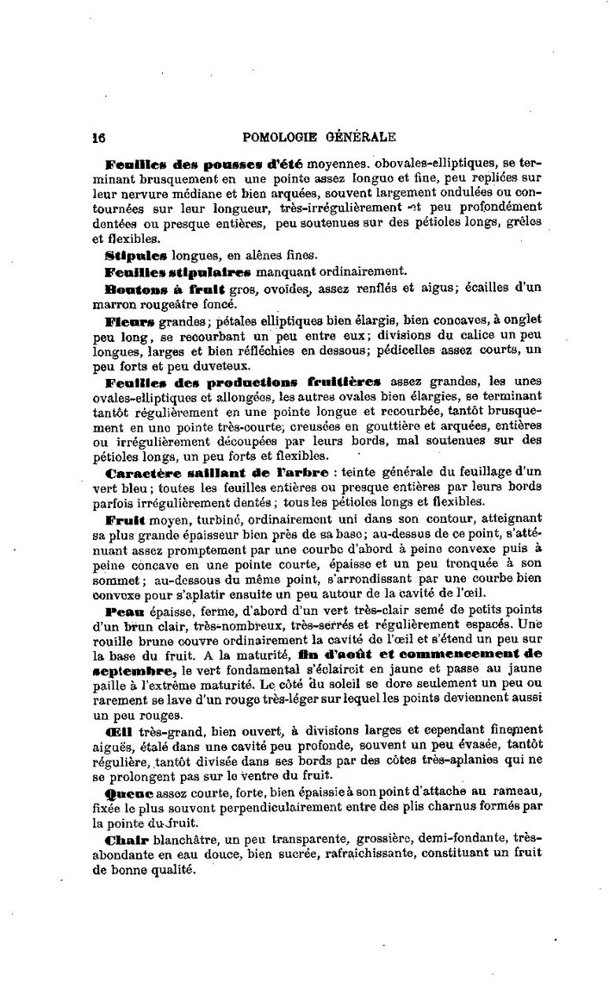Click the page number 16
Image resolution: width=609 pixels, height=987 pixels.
[x=98, y=135]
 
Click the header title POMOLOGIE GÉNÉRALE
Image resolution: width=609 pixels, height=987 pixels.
[x=320, y=135]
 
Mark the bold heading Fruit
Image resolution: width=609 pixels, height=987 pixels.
[x=126, y=520]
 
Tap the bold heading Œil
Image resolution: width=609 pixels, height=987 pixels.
[x=119, y=730]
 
